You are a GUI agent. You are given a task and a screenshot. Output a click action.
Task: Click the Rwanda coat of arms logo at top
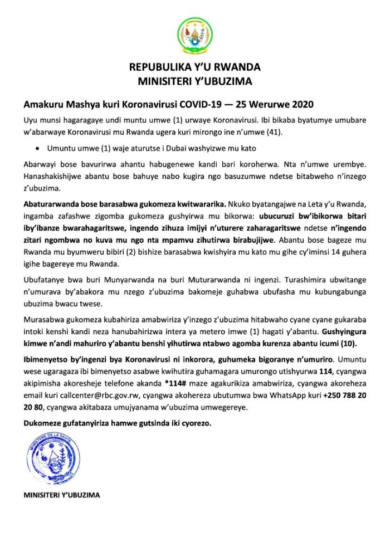[x=194, y=35]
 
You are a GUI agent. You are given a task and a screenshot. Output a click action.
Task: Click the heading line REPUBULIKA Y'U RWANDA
[x=194, y=67]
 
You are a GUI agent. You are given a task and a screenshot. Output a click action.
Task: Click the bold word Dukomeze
[x=45, y=423]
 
